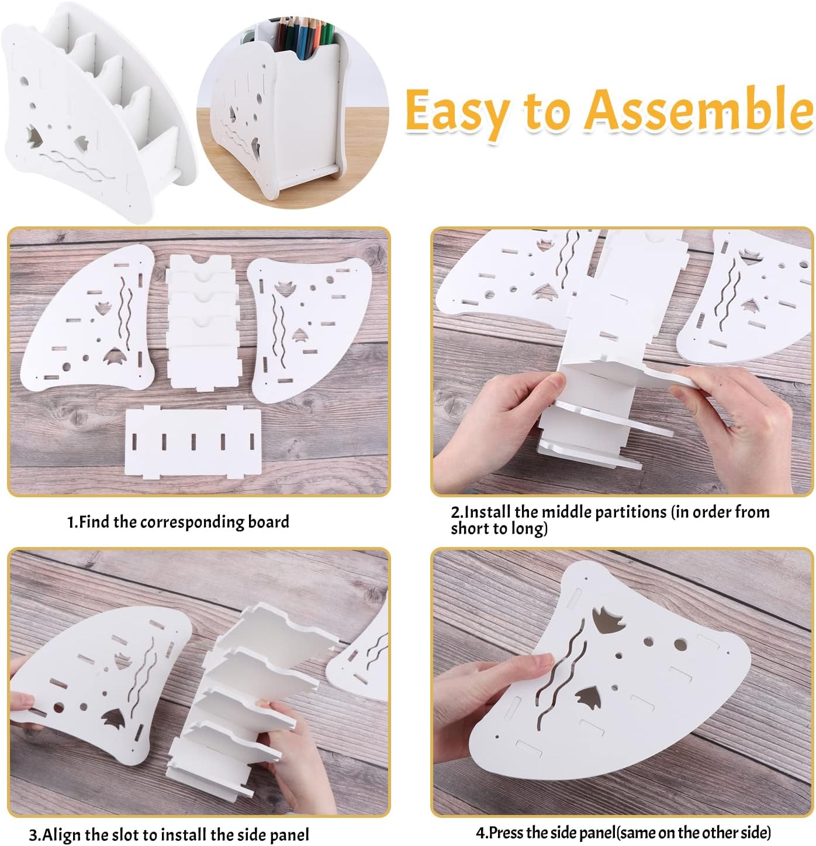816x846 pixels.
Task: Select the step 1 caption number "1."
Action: click(x=72, y=522)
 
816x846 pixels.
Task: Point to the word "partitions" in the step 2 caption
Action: click(x=604, y=512)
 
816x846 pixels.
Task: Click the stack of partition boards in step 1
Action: click(x=202, y=322)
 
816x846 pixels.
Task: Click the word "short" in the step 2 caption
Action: click(x=469, y=529)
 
